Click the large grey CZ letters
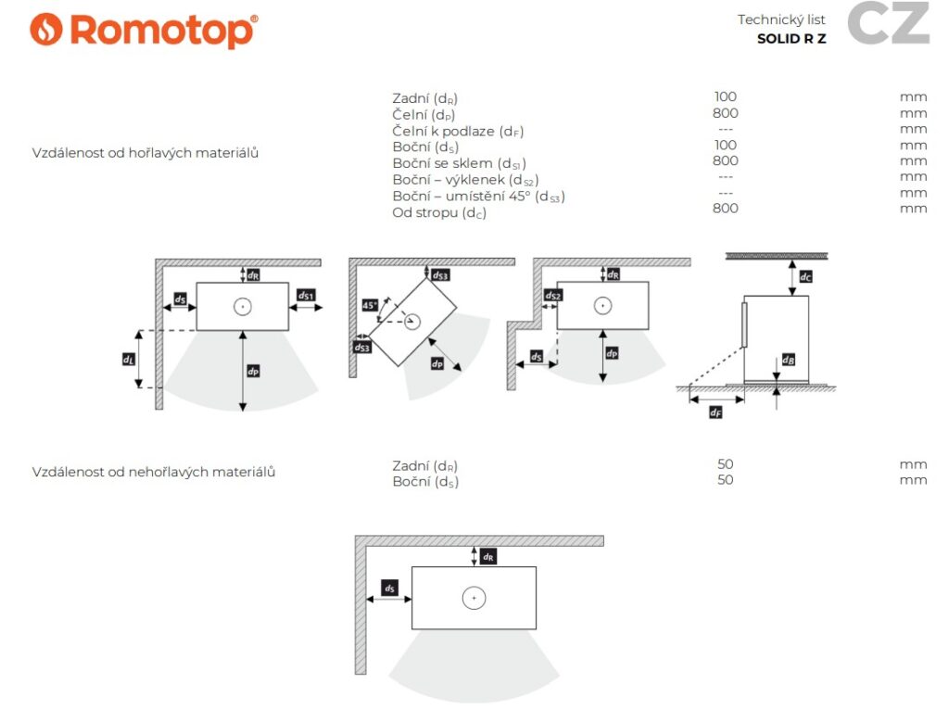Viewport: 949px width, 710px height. pos(888,24)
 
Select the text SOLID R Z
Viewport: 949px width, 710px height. pos(791,39)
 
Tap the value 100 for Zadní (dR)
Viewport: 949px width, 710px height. pos(726,96)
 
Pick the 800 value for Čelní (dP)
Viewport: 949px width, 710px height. pos(726,113)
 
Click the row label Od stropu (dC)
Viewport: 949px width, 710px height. pos(439,212)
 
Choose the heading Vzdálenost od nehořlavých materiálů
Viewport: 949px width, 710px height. pos(155,472)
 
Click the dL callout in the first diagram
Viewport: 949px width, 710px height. pos(129,358)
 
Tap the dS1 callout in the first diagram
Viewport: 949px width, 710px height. pos(306,296)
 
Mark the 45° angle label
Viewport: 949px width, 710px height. pos(369,304)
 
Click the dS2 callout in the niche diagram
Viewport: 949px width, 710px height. pos(553,296)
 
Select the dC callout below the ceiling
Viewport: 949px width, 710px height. pos(805,275)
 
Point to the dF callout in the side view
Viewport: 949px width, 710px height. pos(715,412)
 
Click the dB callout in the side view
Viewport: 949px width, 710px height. pos(788,360)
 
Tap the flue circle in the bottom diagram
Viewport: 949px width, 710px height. pos(474,599)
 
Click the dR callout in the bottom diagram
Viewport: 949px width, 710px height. pos(488,556)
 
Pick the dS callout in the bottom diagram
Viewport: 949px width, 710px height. pos(390,589)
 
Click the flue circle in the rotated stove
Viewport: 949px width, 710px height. pos(411,322)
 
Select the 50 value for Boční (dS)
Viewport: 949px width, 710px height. pos(726,480)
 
